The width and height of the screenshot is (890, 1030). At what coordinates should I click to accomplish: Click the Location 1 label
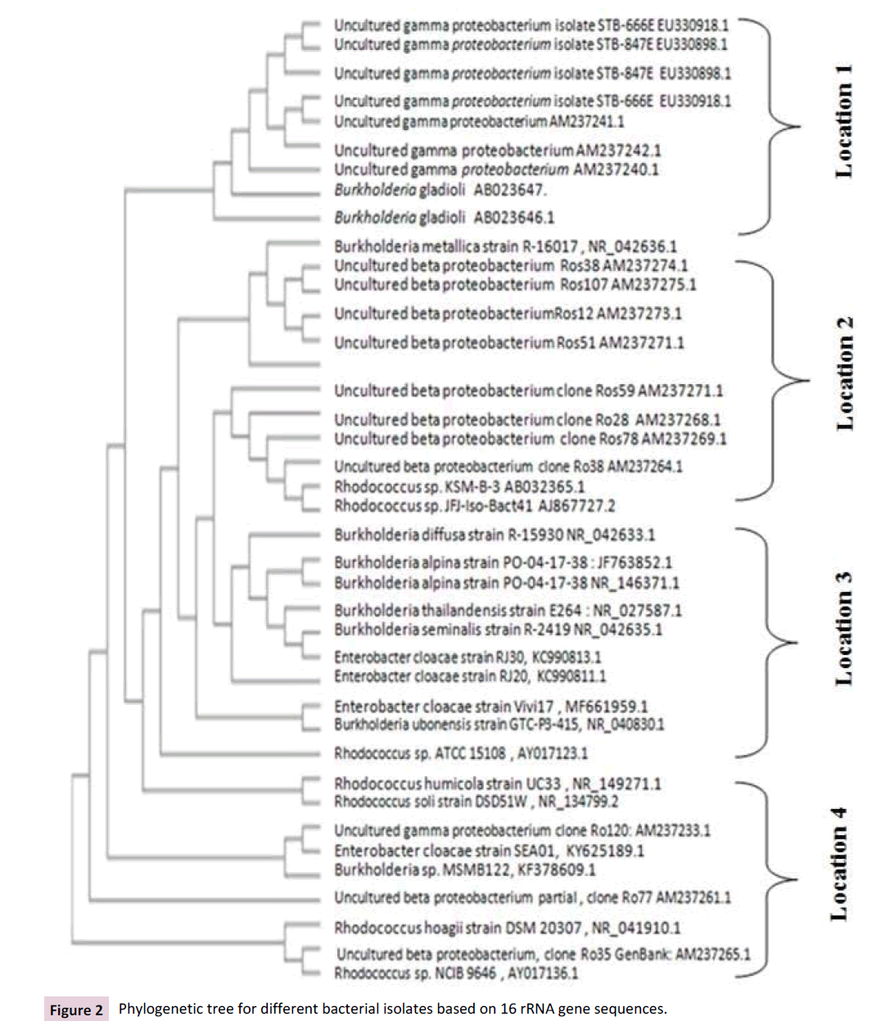843,121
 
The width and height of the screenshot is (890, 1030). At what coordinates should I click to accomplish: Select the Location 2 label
843,373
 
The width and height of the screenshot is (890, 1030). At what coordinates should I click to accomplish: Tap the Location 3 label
843,629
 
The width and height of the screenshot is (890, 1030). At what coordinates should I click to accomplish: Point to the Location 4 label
839,865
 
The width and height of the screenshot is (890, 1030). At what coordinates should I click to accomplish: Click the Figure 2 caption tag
76,1010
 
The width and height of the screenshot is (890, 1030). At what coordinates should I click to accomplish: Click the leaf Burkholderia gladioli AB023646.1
444,218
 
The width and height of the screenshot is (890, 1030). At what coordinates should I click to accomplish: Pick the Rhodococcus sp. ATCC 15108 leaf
460,753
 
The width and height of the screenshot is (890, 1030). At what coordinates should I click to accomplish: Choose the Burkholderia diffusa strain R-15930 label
494,535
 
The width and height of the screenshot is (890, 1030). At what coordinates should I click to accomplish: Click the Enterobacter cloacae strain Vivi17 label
490,706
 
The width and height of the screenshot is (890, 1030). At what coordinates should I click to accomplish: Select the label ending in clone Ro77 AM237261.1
532,898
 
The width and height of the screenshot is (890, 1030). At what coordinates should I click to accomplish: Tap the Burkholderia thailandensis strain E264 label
507,611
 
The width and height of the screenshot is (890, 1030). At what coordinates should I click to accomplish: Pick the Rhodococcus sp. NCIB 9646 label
455,974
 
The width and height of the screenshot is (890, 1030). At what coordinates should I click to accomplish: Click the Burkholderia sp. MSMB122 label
464,870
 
